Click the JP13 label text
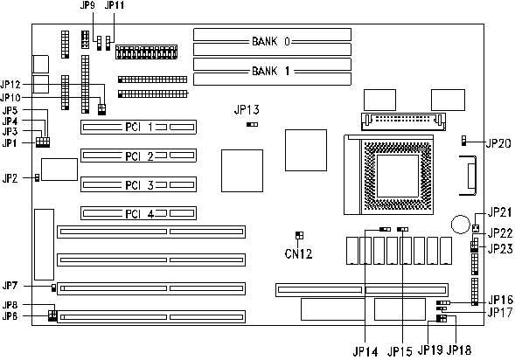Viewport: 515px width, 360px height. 247,110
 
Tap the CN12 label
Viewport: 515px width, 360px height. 298,253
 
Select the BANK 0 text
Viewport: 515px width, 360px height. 271,41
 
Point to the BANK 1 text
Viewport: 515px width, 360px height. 271,71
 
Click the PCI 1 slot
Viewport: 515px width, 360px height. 138,127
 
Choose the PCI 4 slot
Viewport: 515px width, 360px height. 138,213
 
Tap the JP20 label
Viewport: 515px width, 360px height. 498,143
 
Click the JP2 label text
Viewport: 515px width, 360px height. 10,178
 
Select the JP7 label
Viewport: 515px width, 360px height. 10,286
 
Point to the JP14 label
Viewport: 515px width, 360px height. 365,352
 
